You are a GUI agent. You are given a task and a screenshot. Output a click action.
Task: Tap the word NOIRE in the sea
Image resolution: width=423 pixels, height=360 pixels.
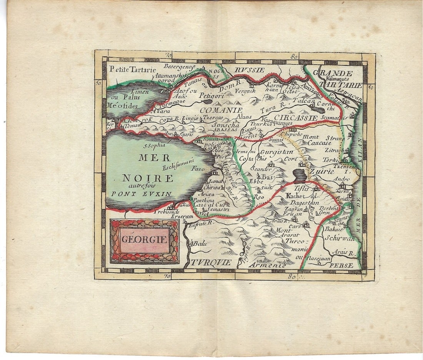[148, 178]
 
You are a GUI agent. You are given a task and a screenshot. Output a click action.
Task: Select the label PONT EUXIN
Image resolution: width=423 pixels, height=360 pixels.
[142, 194]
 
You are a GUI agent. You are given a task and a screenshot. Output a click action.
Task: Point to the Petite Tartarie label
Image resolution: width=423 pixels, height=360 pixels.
[132, 70]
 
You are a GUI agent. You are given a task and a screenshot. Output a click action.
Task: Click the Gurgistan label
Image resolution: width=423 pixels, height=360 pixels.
[276, 152]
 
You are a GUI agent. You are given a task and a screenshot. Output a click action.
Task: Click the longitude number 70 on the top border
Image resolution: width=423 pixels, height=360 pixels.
[168, 55]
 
